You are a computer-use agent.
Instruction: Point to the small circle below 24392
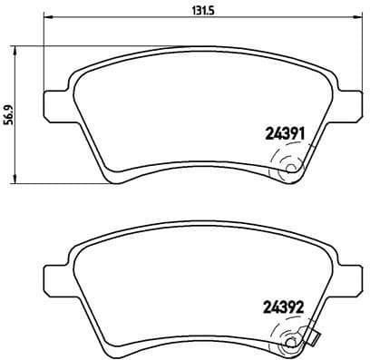291,341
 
